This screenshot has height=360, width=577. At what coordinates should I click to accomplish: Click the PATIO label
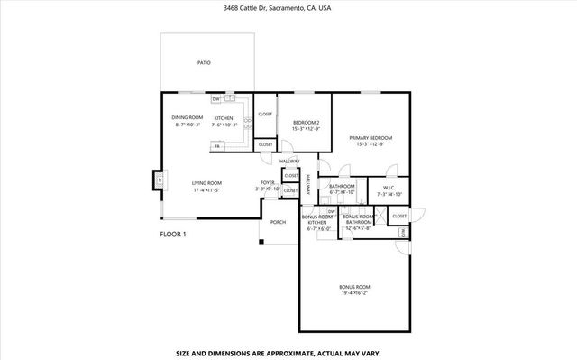pos(204,63)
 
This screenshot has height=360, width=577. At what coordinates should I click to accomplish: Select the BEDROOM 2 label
pos(306,122)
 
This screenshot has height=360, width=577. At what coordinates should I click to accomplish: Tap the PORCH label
pos(279,222)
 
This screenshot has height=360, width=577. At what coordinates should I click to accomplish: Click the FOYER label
pos(267,183)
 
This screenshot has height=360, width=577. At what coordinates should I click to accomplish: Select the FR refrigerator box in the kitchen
pos(217,146)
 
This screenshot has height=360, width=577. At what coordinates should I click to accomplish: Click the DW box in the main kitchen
pos(216,98)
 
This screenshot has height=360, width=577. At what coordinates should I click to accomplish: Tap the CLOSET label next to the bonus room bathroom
pos(399,217)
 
